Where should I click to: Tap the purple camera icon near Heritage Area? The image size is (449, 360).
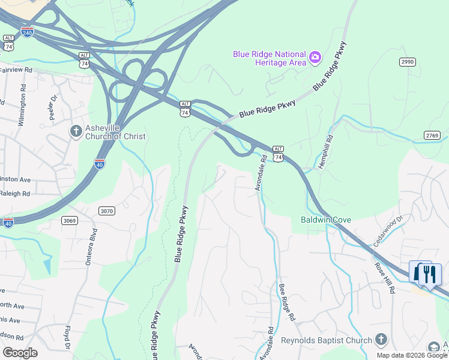pos(315,58)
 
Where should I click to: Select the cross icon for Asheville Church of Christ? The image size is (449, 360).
pos(76,131)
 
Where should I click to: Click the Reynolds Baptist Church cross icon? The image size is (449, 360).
pos(381,340)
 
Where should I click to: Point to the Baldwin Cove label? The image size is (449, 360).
pos(325,220)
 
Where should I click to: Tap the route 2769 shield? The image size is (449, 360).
pos(432,136)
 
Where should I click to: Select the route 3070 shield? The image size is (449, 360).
pos(107,211)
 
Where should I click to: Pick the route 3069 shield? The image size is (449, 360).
pos(70,221)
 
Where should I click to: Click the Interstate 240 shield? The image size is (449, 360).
pos(27,31)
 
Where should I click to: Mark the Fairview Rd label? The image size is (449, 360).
pos(16,70)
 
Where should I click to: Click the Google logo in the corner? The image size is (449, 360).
pos(20,352)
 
